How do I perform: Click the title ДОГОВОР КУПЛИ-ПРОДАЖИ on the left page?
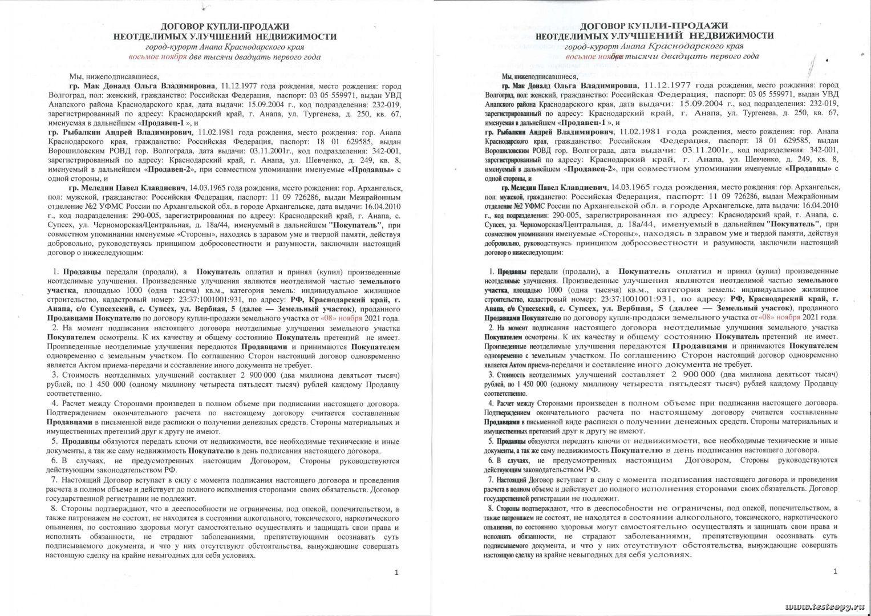point(225,26)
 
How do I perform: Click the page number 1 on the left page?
point(397,572)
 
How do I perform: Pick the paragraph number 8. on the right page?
point(491,508)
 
